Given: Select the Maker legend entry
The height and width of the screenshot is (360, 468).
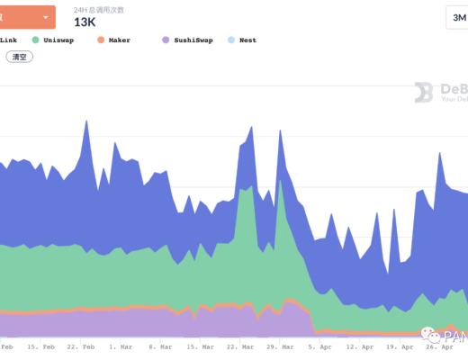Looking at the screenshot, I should coord(119,40).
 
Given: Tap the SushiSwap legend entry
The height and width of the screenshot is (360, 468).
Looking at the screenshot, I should coord(193,40).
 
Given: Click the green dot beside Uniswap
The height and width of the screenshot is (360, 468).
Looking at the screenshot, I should coord(35,40).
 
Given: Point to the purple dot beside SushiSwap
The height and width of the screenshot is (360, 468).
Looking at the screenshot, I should coord(166,40).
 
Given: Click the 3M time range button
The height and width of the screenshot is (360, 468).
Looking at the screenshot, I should coord(457,18).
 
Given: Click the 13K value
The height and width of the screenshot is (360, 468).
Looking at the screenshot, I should coord(85,22).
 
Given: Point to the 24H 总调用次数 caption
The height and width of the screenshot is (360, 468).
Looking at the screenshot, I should coord(99,9).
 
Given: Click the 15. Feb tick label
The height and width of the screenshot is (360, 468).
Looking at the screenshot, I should coord(40,346).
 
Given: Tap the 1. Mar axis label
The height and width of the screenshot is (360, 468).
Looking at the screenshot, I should coord(120,346).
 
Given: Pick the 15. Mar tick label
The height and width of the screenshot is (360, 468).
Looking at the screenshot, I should coord(200,346).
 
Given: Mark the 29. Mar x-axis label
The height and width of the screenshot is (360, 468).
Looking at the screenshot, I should coord(280,346).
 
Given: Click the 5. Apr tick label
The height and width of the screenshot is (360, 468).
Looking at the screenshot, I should coord(319,346).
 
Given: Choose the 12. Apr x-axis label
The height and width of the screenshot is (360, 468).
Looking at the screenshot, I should coord(360,346).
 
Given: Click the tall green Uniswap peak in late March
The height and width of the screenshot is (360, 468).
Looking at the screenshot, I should coord(281,184).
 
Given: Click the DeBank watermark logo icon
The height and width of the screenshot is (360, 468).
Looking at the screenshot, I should coord(423,92).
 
